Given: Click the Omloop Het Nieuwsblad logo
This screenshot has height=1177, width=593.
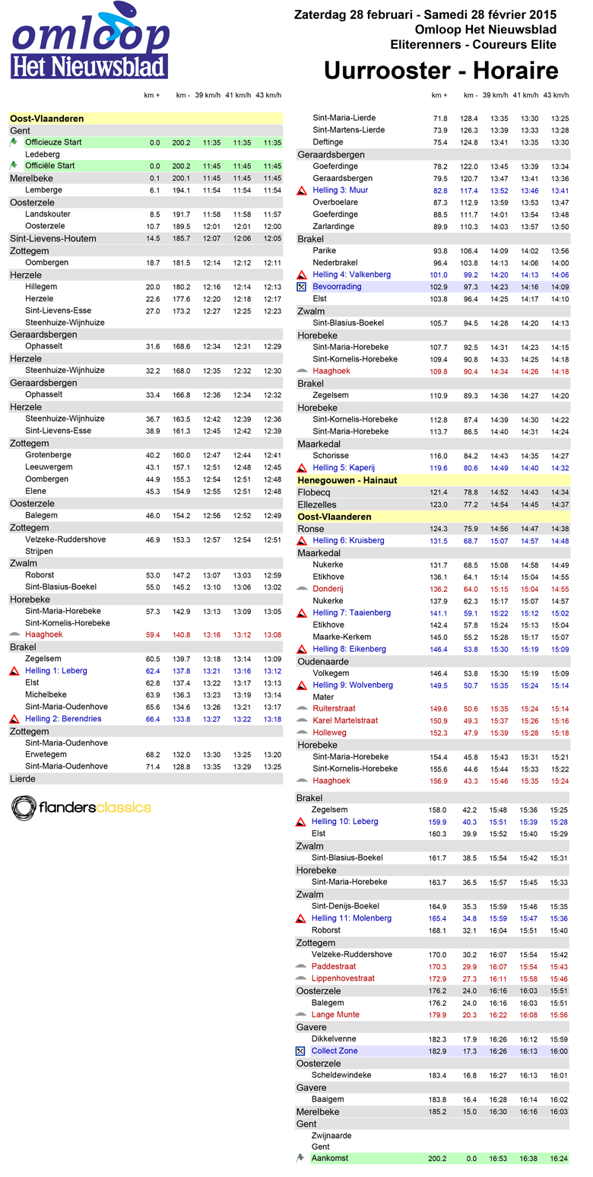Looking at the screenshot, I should (90, 41).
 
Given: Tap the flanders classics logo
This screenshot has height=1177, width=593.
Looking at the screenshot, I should (81, 807).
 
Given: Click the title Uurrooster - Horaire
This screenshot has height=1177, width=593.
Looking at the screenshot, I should (441, 71).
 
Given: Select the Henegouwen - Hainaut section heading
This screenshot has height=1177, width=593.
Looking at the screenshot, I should (347, 481).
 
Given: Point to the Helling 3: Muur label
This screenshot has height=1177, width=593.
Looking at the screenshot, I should (340, 190).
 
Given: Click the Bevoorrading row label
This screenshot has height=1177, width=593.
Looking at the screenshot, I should (337, 287).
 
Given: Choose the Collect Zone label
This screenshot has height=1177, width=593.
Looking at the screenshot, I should (335, 1051).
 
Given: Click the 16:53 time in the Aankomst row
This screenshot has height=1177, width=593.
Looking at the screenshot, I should (499, 1158).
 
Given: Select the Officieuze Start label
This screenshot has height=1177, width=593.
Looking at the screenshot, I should (53, 142).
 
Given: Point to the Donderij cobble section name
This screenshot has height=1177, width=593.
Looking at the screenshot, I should (328, 589).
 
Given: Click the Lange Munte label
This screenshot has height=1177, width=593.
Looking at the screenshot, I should (335, 1014).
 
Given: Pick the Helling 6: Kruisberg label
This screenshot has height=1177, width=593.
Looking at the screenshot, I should (348, 540).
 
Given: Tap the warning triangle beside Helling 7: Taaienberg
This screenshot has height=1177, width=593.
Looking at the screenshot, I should (301, 613).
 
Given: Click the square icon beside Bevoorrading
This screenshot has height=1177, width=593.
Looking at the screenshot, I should (301, 287).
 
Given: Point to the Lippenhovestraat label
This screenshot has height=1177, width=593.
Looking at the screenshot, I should (343, 978).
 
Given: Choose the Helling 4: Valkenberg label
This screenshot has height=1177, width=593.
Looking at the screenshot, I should (351, 275).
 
